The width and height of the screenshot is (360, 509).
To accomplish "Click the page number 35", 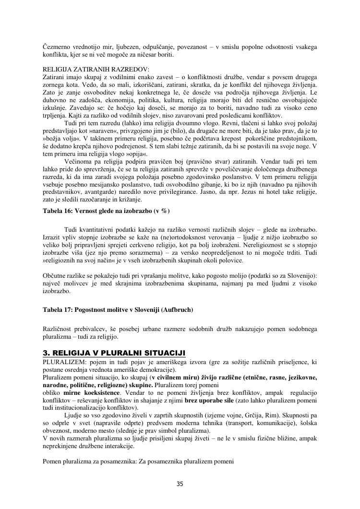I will pyautogui.click(x=180, y=484).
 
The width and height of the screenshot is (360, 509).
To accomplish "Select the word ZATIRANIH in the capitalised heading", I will pyautogui.click(x=90, y=70).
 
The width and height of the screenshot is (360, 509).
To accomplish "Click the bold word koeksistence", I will pyautogui.click(x=100, y=393).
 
